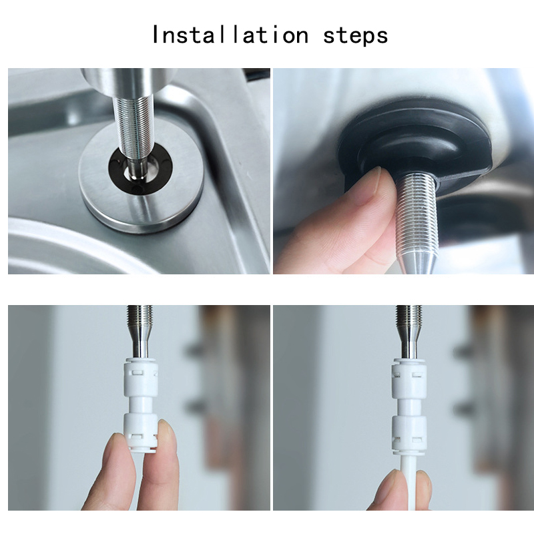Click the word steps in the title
click(x=355, y=36)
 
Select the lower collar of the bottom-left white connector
click(x=141, y=432)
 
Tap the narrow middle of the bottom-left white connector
click(x=141, y=406)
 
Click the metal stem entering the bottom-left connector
click(x=140, y=340)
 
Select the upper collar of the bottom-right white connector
click(x=409, y=378)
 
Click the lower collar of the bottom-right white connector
click(x=409, y=435)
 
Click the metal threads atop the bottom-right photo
click(x=409, y=315)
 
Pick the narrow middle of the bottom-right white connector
click(x=409, y=407)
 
